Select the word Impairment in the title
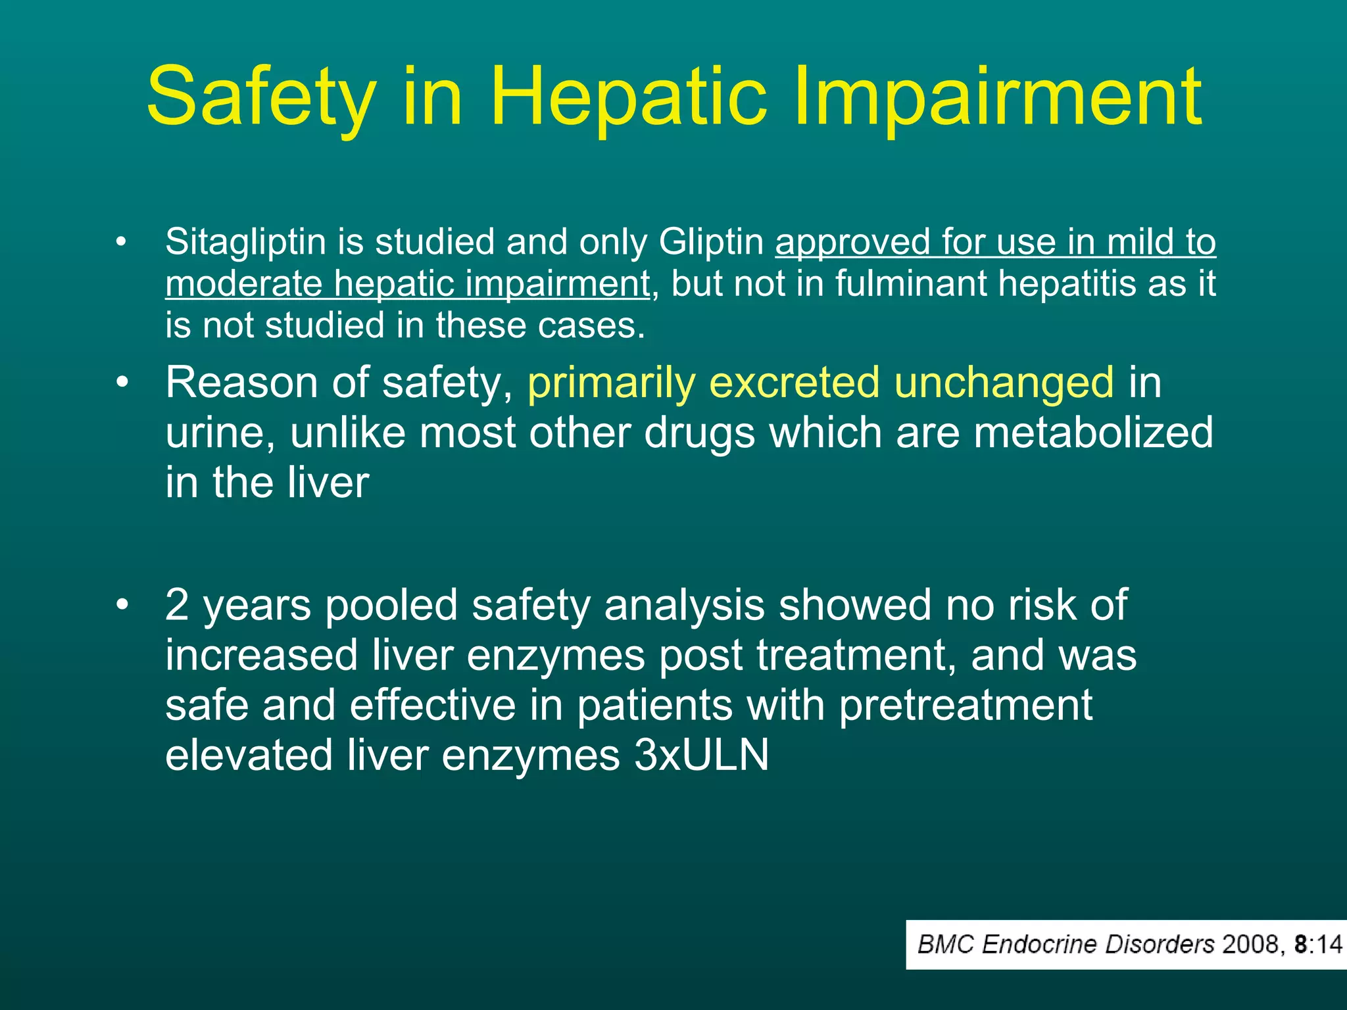pos(998,97)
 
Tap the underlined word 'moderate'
pos(243,284)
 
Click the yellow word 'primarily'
pos(611,383)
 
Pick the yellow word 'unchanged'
pos(1004,383)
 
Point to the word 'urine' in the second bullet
pos(220,433)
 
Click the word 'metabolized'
pos(1093,433)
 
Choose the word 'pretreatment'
pos(966,706)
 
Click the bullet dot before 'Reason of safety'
pos(120,382)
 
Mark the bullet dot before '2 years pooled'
pos(120,604)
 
